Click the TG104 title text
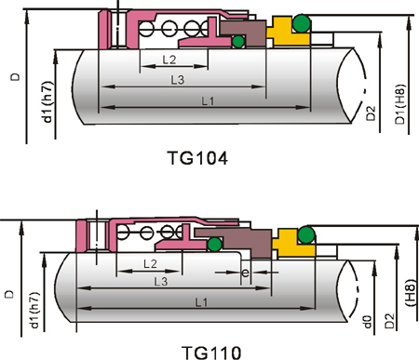[x=197, y=158]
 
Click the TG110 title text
[x=211, y=353]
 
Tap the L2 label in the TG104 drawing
[x=169, y=60]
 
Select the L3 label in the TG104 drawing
[x=178, y=80]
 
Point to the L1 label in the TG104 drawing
[x=208, y=100]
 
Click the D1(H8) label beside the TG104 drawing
[x=400, y=104]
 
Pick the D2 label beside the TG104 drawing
[x=371, y=113]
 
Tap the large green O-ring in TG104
[x=301, y=23]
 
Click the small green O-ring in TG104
[x=238, y=42]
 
